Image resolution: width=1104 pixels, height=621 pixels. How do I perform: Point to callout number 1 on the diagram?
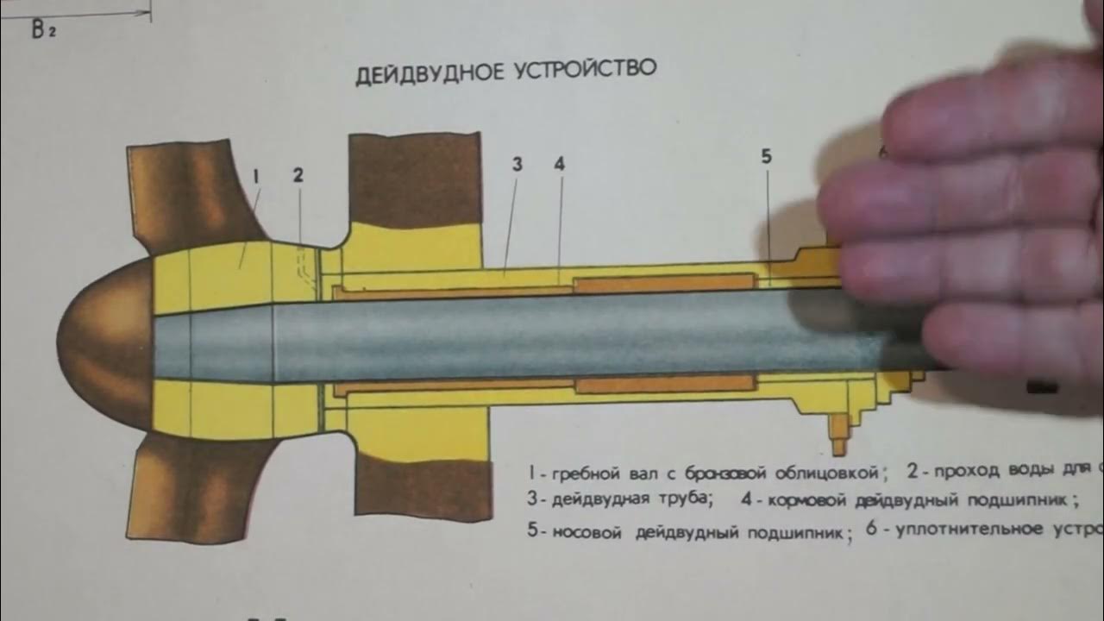click(x=256, y=175)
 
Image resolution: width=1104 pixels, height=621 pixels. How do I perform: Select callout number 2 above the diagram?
click(x=298, y=174)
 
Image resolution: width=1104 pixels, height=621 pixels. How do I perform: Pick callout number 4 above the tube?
click(x=559, y=164)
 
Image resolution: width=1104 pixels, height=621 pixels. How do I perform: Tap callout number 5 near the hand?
click(x=767, y=156)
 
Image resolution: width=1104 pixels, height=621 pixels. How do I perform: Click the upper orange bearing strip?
click(x=664, y=282)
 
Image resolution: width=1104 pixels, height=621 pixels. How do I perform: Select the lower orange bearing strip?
click(x=664, y=384)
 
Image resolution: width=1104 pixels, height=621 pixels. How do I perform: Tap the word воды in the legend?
click(x=1032, y=470)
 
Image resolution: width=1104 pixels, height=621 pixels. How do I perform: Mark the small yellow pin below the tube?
click(x=837, y=436)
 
